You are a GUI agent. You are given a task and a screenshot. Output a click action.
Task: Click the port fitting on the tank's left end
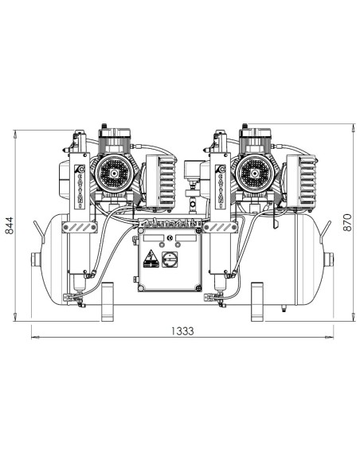34,260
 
